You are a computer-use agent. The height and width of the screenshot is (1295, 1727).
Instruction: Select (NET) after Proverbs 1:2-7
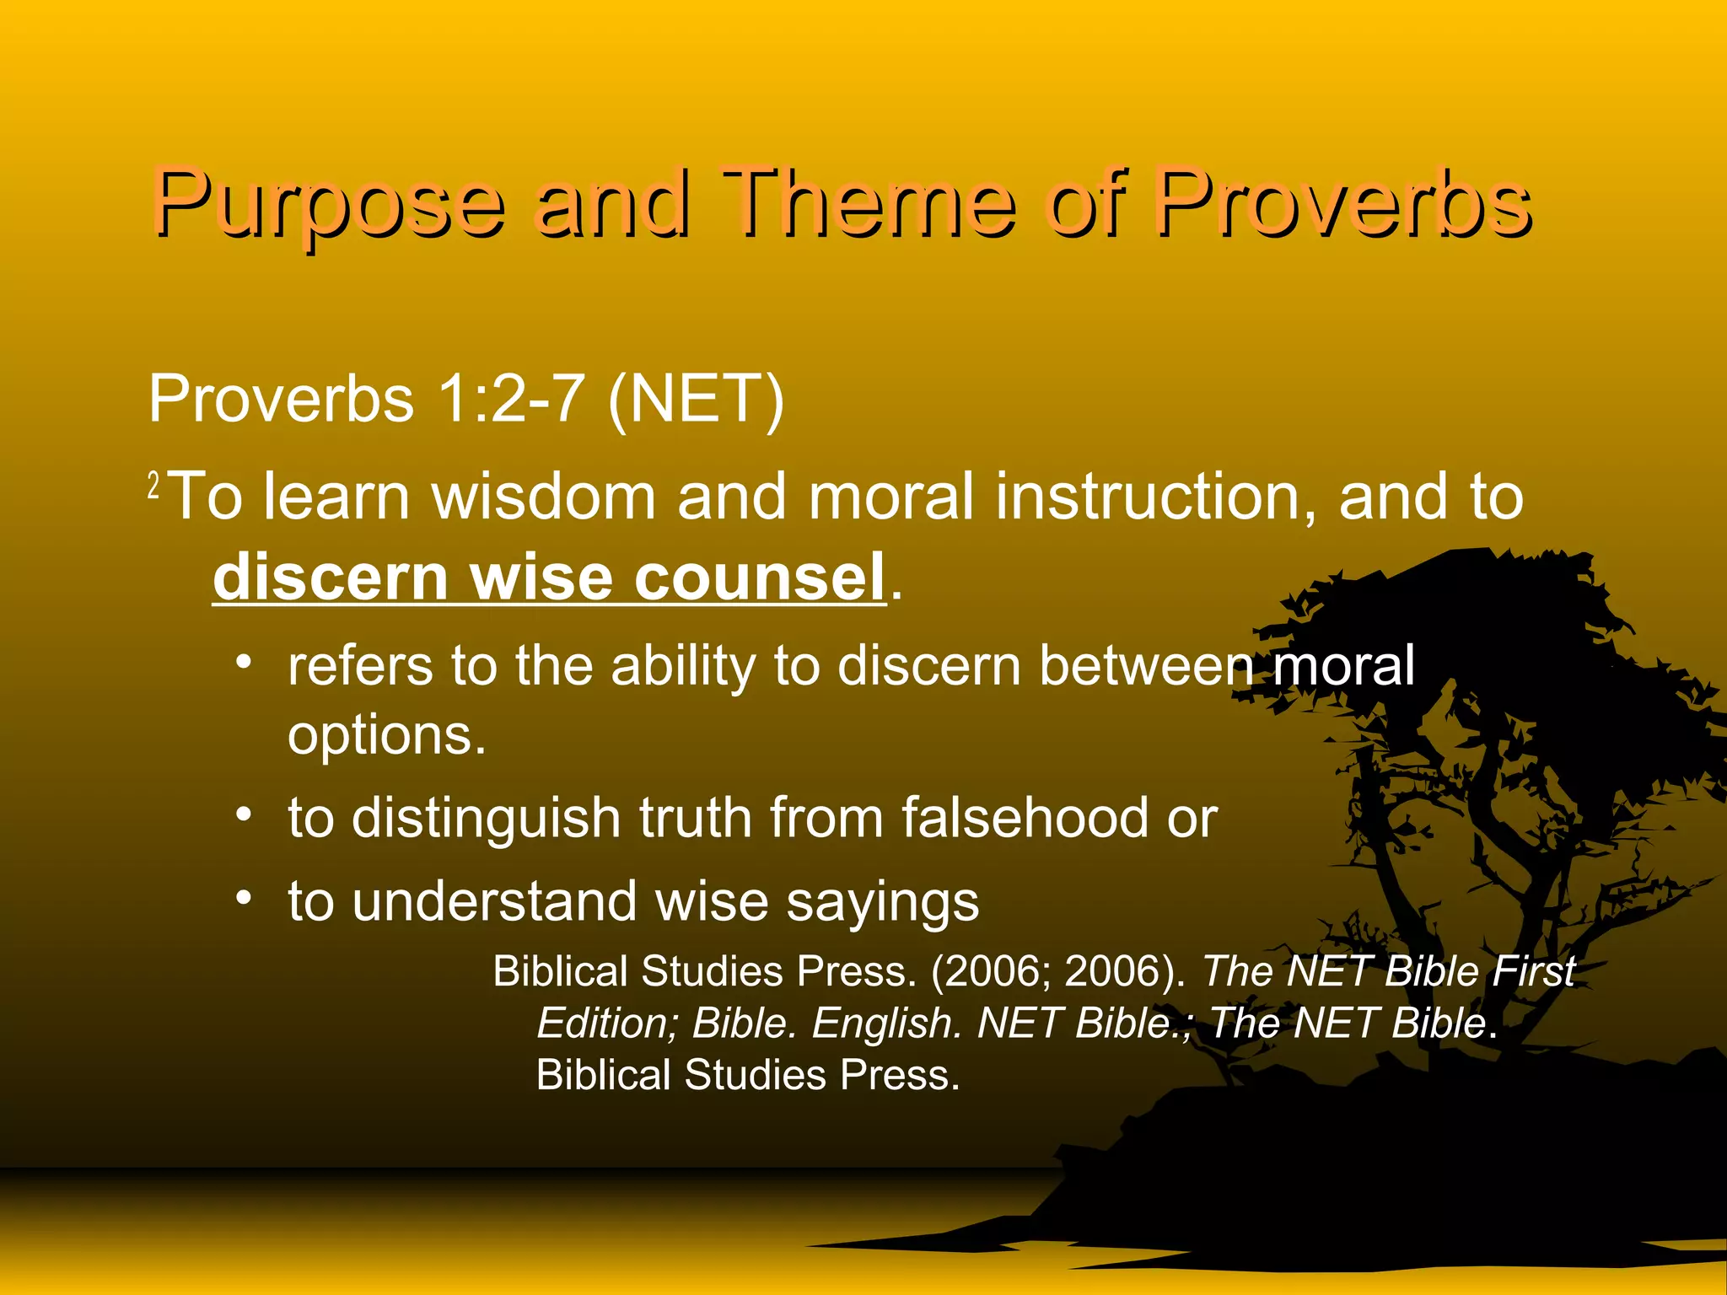696,399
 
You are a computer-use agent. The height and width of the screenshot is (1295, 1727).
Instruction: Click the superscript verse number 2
153,486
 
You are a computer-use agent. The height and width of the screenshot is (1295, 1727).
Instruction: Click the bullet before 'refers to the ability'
244,663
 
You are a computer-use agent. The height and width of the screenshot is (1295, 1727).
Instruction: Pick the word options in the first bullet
386,736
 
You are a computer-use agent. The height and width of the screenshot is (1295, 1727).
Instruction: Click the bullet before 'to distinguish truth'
244,815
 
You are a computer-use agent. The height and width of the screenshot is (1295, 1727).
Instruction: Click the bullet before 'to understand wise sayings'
244,899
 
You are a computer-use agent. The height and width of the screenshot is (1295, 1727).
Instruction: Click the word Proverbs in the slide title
1342,205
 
